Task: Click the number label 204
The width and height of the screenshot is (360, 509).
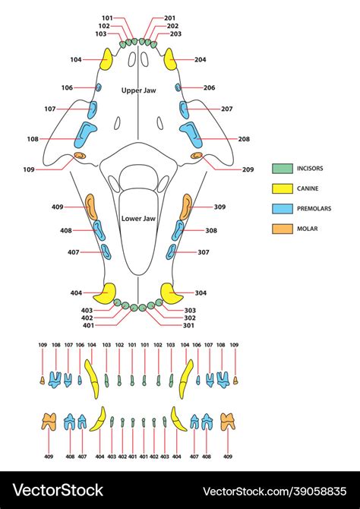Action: pos(201,59)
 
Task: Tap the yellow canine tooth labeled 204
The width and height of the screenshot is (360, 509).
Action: pos(171,60)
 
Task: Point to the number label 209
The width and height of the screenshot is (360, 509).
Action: pos(248,169)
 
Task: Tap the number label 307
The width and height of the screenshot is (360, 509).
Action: pos(204,252)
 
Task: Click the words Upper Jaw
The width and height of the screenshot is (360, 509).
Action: pos(138,90)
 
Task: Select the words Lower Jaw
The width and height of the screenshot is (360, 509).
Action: pos(138,219)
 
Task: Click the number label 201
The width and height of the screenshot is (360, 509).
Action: pos(169,17)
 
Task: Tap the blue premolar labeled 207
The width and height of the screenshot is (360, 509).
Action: pos(185,109)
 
